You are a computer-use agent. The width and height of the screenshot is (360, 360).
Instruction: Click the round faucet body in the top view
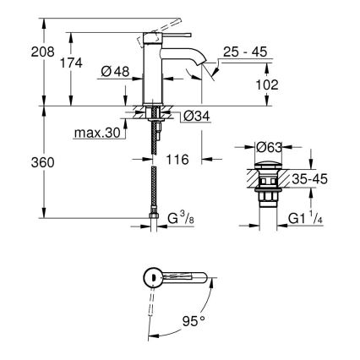151,276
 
